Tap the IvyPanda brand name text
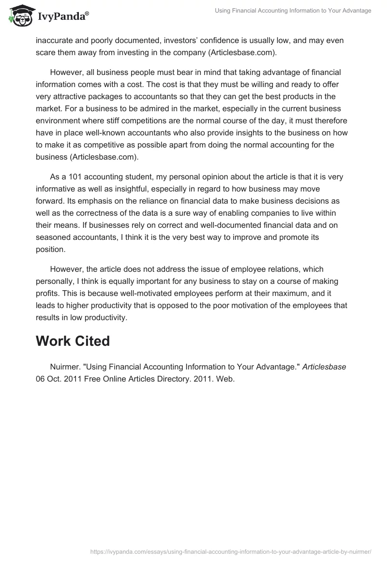point(62,16)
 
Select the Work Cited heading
point(73,341)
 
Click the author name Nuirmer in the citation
point(65,367)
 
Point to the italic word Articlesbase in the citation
point(324,367)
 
